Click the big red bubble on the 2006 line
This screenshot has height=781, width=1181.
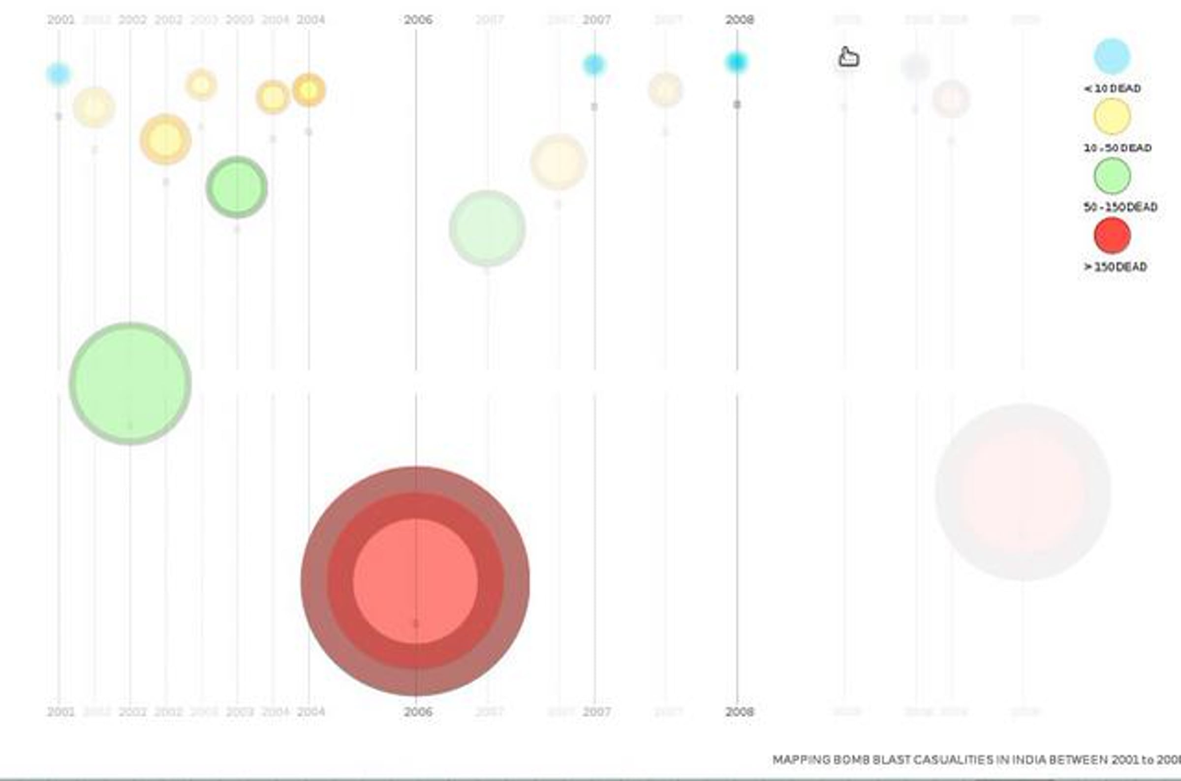point(416,581)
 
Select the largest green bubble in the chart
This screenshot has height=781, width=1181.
point(130,383)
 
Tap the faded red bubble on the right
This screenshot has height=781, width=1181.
point(1023,492)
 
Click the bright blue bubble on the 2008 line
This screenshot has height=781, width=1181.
point(737,62)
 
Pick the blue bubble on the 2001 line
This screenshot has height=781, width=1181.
point(59,74)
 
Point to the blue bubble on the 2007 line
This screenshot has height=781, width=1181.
point(594,65)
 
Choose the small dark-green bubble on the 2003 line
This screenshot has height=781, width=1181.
point(237,187)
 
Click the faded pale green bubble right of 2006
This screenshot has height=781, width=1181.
point(487,228)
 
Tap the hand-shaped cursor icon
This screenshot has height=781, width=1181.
point(848,57)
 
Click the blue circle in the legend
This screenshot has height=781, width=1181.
point(1112,56)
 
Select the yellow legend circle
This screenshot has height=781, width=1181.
point(1112,116)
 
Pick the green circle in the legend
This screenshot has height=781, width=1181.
point(1112,176)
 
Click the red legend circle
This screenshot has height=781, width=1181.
point(1112,235)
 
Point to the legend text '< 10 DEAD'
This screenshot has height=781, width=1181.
point(1112,89)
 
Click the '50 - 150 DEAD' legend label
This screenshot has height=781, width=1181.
point(1120,207)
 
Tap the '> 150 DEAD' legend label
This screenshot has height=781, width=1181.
point(1115,267)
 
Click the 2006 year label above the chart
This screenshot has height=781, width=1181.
point(418,20)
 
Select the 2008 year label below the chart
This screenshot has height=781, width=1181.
point(740,712)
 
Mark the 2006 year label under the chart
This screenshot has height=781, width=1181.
point(418,712)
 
